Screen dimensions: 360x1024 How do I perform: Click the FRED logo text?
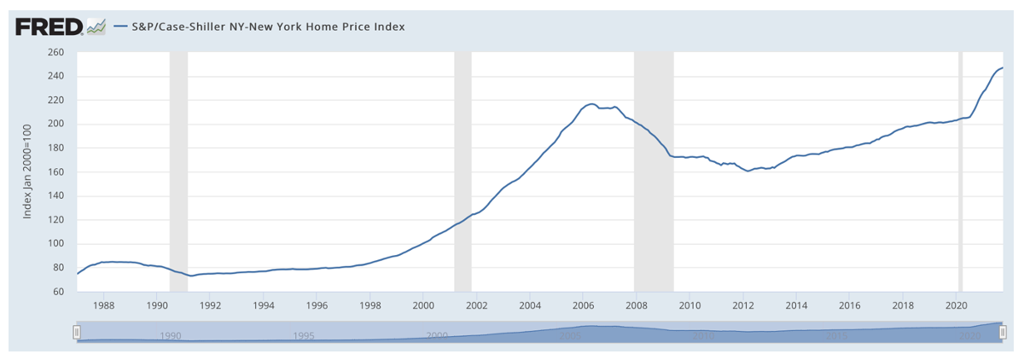tap(49, 27)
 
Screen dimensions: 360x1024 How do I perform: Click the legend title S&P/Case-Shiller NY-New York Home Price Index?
tap(268, 26)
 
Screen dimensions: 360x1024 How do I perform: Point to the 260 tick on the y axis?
tap(56, 52)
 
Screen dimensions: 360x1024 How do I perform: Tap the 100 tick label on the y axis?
tap(56, 243)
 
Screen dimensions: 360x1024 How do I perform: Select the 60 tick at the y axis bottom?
tap(59, 291)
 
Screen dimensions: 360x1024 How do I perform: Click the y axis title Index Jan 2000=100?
tap(27, 171)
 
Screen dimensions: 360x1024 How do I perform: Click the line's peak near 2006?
tap(591, 103)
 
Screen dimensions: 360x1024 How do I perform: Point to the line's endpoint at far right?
tap(1003, 67)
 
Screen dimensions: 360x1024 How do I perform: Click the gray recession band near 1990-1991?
tap(178, 171)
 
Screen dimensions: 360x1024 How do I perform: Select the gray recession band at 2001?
tap(463, 171)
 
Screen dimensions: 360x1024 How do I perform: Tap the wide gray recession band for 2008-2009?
tap(654, 171)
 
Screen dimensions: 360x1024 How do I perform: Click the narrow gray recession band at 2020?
tap(961, 171)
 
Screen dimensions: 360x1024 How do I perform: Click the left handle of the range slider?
tap(77, 331)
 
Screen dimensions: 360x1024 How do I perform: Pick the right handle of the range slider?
tap(1003, 331)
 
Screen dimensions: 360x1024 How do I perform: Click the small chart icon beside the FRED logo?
tap(96, 27)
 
